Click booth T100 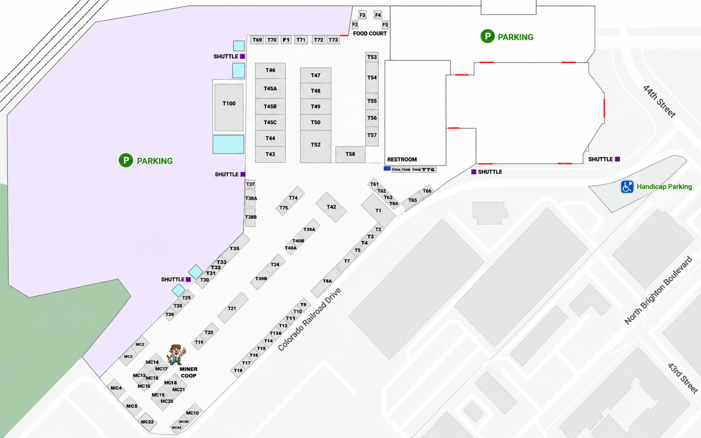pyautogui.click(x=229, y=107)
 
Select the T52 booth pyautogui.click(x=315, y=146)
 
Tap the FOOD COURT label pyautogui.click(x=370, y=34)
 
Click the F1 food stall pyautogui.click(x=286, y=40)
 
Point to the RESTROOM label pyautogui.click(x=402, y=159)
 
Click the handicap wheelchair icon pyautogui.click(x=627, y=187)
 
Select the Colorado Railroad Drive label pyautogui.click(x=309, y=320)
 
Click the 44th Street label pyautogui.click(x=659, y=101)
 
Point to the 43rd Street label pyautogui.click(x=683, y=378)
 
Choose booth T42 pyautogui.click(x=331, y=207)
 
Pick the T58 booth pyautogui.click(x=350, y=154)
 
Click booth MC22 pyautogui.click(x=147, y=422)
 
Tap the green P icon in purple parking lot pyautogui.click(x=126, y=160)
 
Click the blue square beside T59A pyautogui.click(x=387, y=168)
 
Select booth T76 pyautogui.click(x=429, y=170)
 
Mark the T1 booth pyautogui.click(x=378, y=211)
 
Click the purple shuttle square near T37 pyautogui.click(x=243, y=174)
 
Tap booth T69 pyautogui.click(x=257, y=40)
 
